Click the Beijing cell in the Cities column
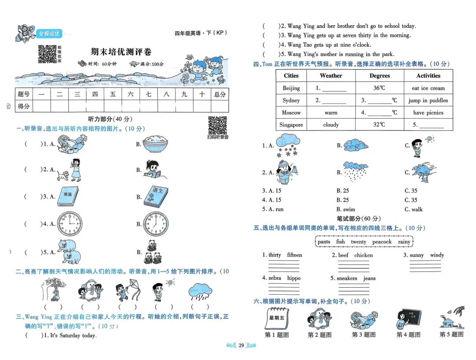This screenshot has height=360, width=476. [x=291, y=88]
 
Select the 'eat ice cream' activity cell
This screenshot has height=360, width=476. [x=428, y=88]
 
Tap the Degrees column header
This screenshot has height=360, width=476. [x=379, y=76]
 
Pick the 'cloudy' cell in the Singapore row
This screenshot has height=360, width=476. [x=331, y=125]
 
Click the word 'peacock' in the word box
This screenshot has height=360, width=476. [x=382, y=241]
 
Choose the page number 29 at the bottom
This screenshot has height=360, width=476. [x=241, y=345]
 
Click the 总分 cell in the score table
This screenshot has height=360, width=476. [x=219, y=94]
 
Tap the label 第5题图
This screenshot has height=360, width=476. [x=452, y=334]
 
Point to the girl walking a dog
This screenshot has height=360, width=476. [x=71, y=170]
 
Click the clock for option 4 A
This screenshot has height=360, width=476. [x=70, y=223]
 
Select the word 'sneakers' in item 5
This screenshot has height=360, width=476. [x=347, y=278]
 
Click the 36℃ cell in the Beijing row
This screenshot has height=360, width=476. [x=379, y=88]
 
